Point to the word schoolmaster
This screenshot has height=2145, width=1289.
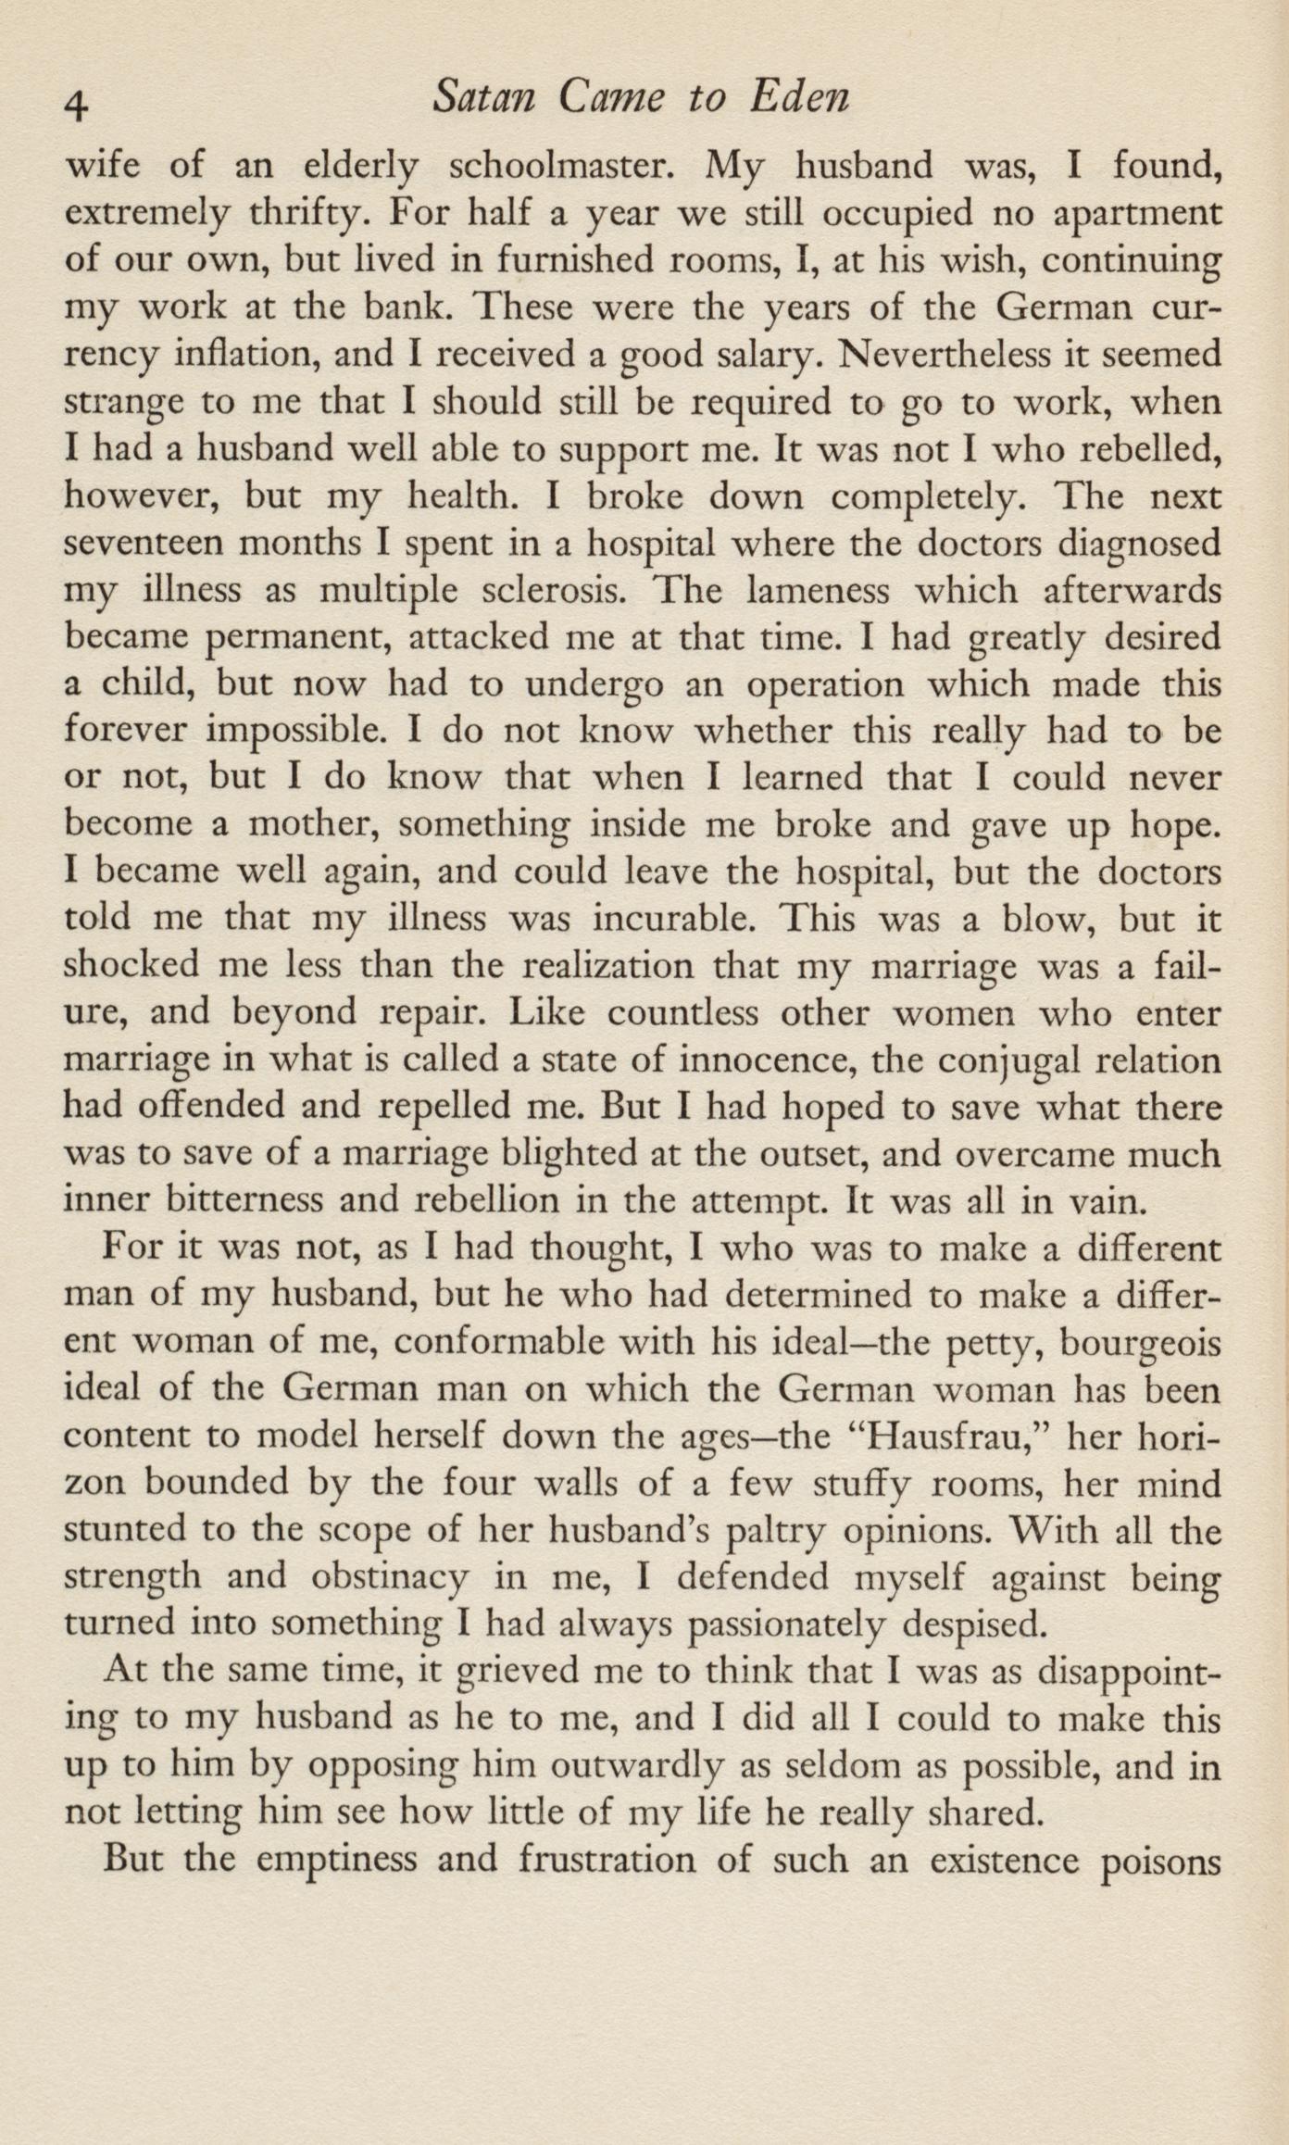tap(551, 167)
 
